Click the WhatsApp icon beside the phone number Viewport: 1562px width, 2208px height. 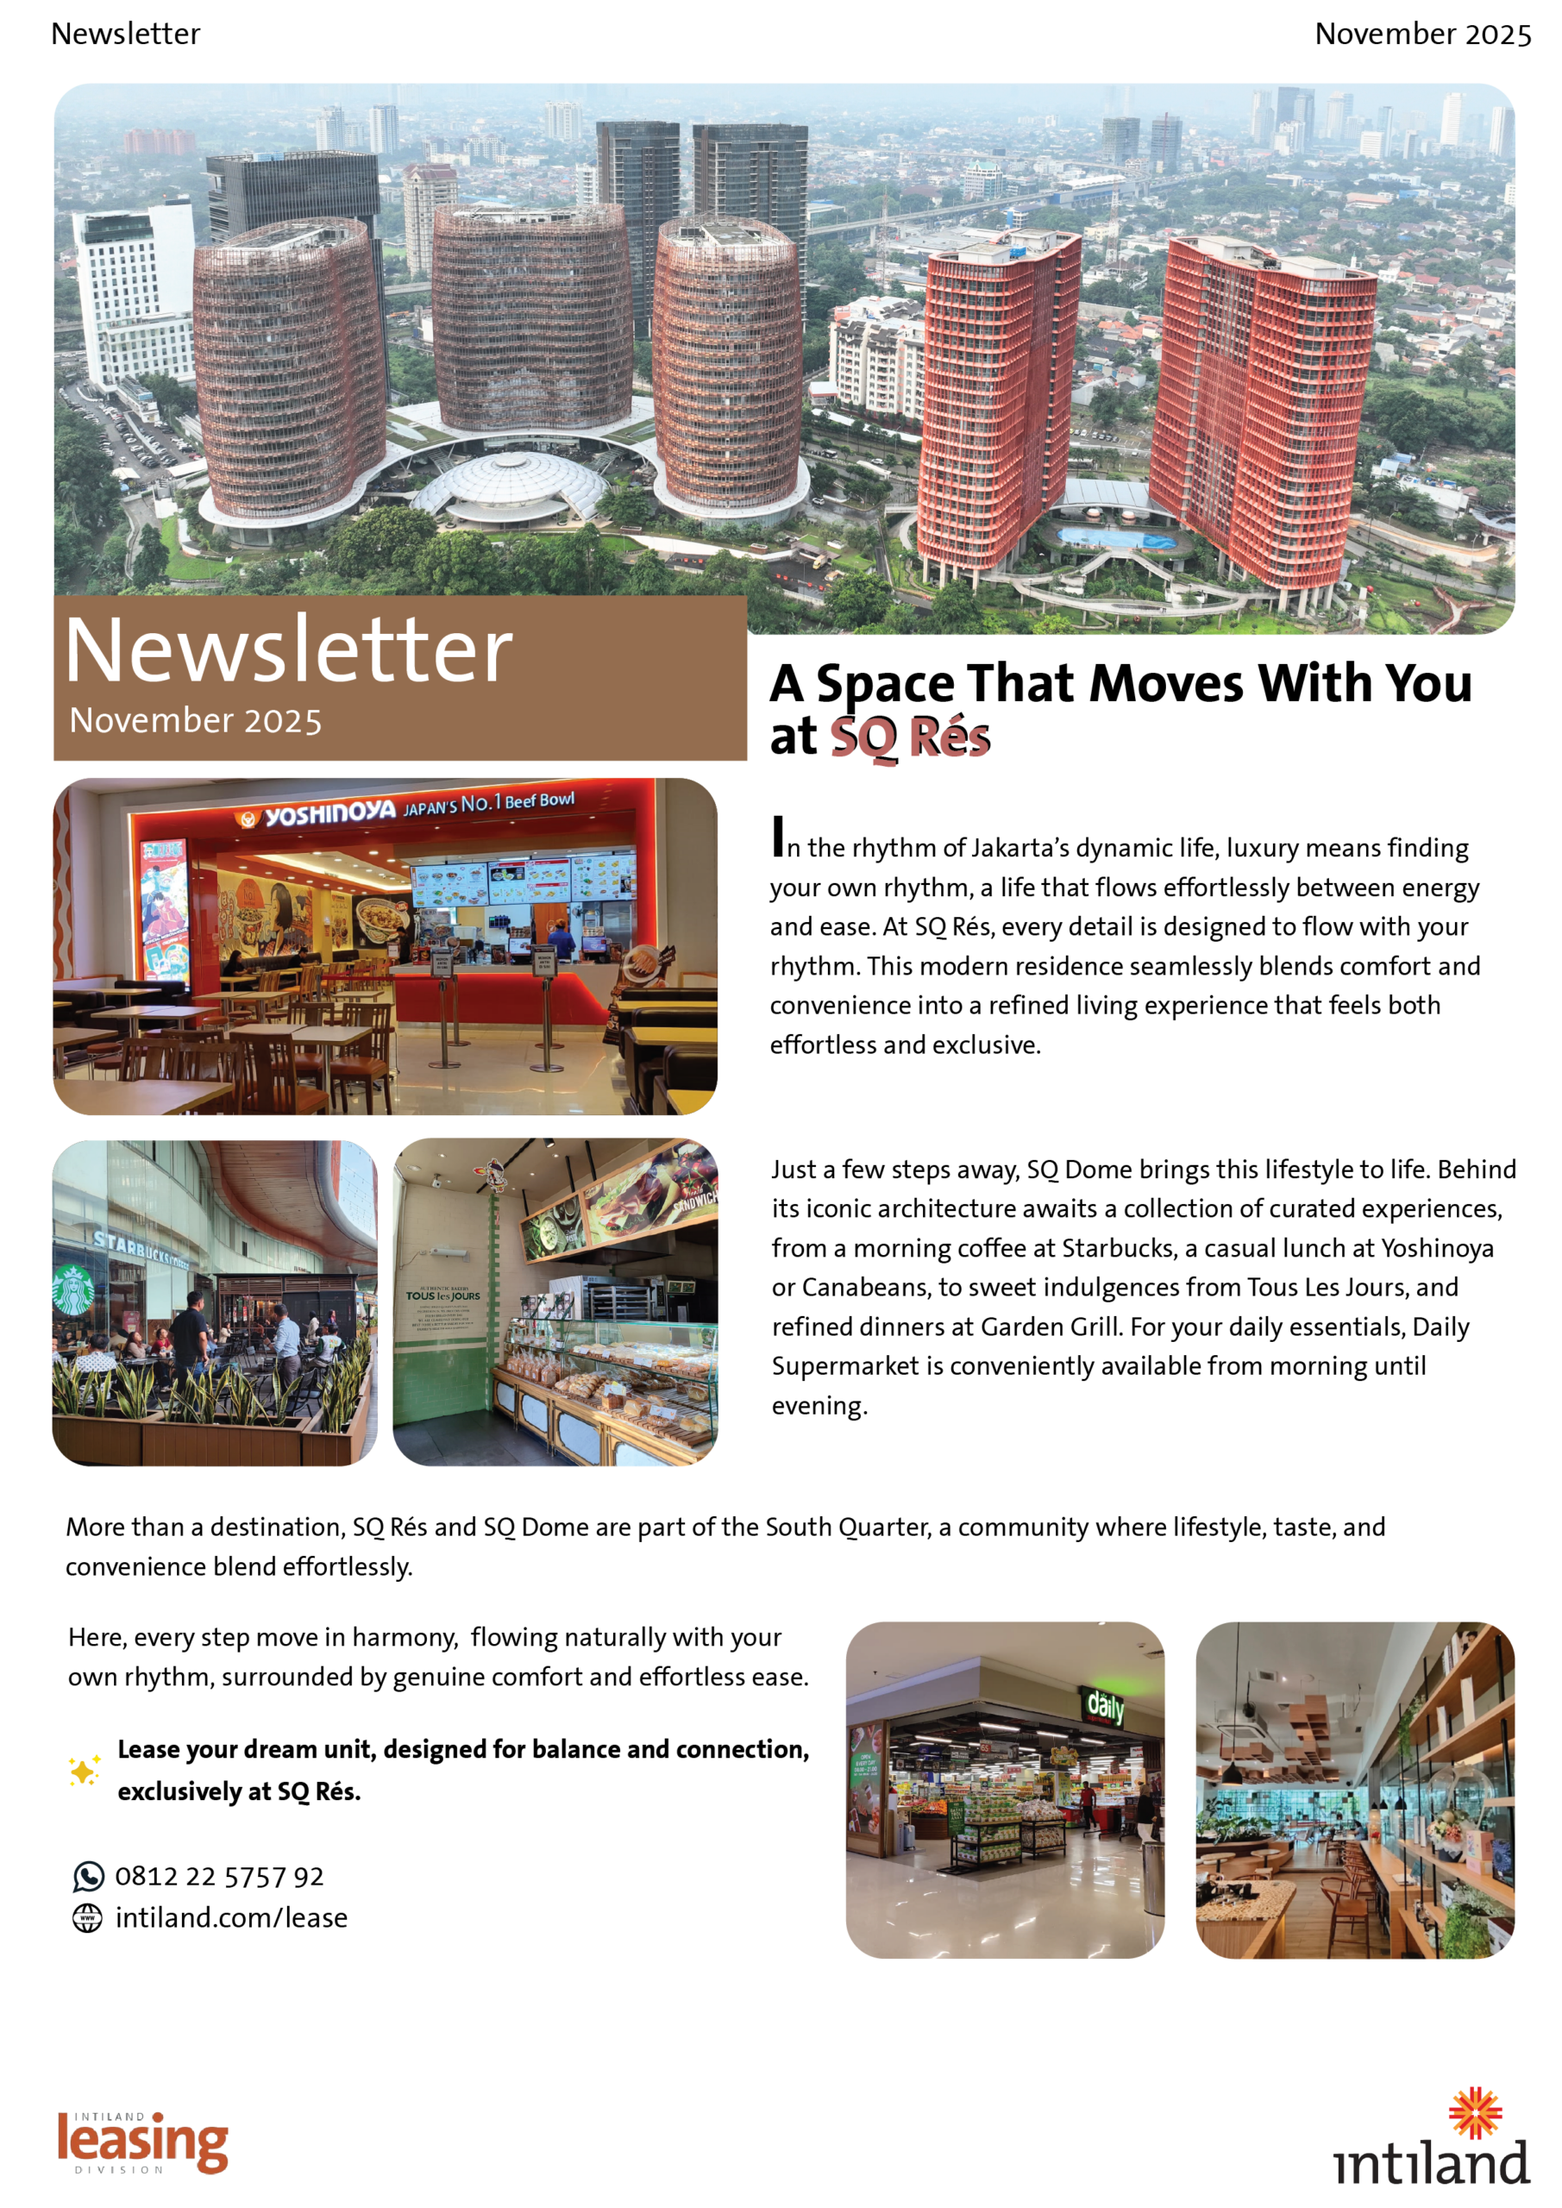point(89,1876)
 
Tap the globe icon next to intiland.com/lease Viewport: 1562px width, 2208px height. point(87,1917)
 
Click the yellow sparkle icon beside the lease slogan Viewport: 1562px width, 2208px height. point(84,1771)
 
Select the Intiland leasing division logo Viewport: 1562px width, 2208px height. point(142,2142)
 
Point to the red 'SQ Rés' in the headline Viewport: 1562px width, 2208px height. point(910,737)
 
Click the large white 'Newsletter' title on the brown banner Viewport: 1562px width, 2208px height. point(289,651)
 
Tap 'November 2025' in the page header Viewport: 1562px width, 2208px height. point(1422,34)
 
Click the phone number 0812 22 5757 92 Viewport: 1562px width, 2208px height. point(219,1876)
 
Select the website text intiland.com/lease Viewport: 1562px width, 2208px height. point(232,1917)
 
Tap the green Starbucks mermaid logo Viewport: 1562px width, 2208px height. point(73,1289)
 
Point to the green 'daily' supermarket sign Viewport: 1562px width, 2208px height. point(1105,1707)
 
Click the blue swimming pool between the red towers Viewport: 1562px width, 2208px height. point(1116,537)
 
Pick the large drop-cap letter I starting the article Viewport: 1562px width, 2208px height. point(778,837)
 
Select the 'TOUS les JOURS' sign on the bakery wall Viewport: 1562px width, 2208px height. point(442,1295)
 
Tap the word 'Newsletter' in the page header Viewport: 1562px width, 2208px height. point(126,34)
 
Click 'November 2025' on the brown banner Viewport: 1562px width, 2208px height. point(196,720)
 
